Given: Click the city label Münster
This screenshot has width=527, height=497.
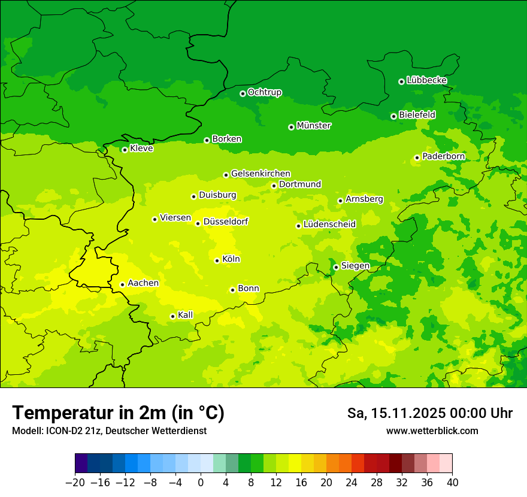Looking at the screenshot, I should [x=313, y=126].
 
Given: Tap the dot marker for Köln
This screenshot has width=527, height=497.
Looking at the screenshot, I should [x=217, y=260].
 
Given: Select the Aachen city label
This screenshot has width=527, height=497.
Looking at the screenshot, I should [x=143, y=283].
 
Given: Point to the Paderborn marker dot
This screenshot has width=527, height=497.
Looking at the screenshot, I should [x=417, y=158].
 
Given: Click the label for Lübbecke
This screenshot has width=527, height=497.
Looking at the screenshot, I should [x=426, y=80].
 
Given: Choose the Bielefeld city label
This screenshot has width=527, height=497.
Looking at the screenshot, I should [x=417, y=114].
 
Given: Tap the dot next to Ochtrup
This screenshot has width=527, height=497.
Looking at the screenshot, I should [x=243, y=93].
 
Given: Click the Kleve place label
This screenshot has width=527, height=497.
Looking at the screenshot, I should [x=141, y=149].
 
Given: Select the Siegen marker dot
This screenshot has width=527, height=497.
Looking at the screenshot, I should [x=336, y=267].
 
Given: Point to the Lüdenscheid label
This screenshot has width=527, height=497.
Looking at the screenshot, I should [x=329, y=225].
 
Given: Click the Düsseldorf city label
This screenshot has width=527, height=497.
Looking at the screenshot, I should [x=225, y=222].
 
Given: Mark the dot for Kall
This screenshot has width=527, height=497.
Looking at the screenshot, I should [x=172, y=316].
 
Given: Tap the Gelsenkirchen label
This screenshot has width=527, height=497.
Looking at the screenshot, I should [x=261, y=174].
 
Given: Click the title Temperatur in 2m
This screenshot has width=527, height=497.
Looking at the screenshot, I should [x=118, y=413].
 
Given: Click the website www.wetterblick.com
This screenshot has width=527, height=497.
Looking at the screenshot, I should [x=432, y=431].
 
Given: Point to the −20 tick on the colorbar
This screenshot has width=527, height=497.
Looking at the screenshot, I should [x=75, y=483].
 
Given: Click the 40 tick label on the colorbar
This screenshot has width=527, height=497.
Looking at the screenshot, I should [x=452, y=483].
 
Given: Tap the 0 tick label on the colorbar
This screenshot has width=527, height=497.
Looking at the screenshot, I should [x=201, y=483].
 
